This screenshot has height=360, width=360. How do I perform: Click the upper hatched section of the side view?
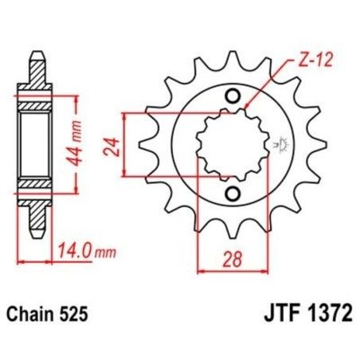point(37,106)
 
